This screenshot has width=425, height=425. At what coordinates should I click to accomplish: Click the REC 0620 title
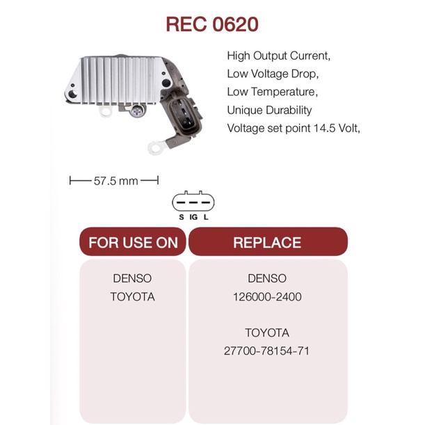click(212, 25)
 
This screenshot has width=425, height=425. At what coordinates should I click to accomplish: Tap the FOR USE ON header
click(133, 243)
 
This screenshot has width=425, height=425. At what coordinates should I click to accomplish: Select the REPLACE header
click(267, 243)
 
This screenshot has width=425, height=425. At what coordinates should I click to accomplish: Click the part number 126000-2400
click(267, 297)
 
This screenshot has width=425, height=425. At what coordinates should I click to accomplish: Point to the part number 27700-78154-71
click(267, 351)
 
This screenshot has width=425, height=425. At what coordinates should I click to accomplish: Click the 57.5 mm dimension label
click(115, 181)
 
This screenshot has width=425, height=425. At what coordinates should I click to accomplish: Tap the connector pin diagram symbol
click(193, 202)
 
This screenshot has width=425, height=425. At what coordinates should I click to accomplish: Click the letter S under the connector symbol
click(182, 218)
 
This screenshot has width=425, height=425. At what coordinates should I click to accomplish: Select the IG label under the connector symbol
click(193, 218)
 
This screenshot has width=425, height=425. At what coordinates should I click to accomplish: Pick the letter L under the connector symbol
click(207, 218)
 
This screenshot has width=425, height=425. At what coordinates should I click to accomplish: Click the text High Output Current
click(278, 54)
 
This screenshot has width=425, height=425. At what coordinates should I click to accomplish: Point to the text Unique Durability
click(270, 110)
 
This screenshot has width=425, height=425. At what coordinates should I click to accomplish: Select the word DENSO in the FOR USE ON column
click(132, 278)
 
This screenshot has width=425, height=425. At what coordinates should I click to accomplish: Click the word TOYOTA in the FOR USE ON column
click(132, 297)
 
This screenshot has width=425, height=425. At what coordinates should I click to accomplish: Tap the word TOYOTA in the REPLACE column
click(267, 332)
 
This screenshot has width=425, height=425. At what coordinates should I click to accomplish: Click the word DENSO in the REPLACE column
click(267, 278)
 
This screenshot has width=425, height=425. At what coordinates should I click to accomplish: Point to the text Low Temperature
click(272, 91)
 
